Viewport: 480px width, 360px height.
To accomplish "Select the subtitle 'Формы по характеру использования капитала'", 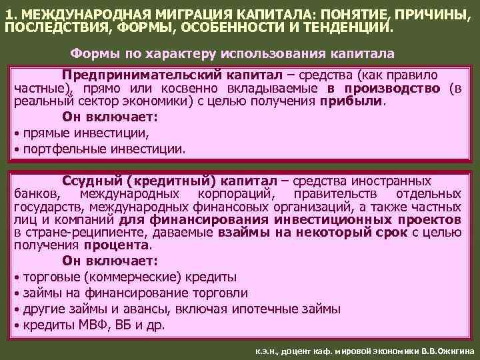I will pyautogui.click(x=232, y=53).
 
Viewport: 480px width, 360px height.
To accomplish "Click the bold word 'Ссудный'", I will pyautogui.click(x=93, y=181).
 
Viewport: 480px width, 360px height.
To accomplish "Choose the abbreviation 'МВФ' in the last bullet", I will pyautogui.click(x=84, y=326).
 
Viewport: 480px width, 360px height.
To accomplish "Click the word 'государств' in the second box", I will pyautogui.click(x=43, y=207).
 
